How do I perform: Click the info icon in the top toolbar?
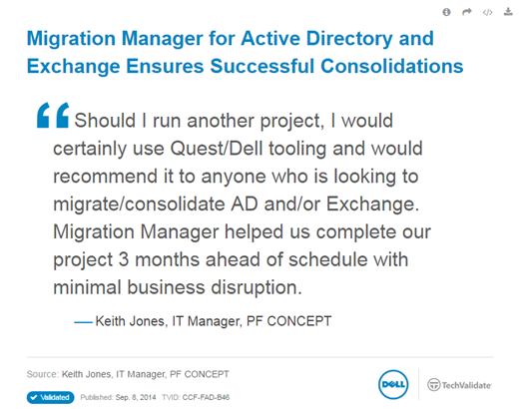[x=446, y=12]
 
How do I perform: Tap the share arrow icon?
[x=467, y=12]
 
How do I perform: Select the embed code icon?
[x=487, y=13]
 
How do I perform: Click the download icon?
[x=508, y=12]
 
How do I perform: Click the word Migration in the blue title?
[x=71, y=39]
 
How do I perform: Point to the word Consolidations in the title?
[x=392, y=66]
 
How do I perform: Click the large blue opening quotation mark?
[x=53, y=115]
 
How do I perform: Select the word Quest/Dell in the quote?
[x=217, y=149]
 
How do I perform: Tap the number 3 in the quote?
[x=124, y=259]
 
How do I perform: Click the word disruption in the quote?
[x=257, y=287]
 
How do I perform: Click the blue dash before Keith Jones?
[x=83, y=322]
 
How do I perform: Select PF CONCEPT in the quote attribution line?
[x=289, y=321]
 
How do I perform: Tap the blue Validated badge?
[x=51, y=397]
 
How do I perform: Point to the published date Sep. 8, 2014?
[x=136, y=397]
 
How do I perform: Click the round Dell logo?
[x=393, y=384]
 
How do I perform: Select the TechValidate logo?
[x=459, y=385]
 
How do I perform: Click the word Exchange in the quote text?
[x=372, y=204]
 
